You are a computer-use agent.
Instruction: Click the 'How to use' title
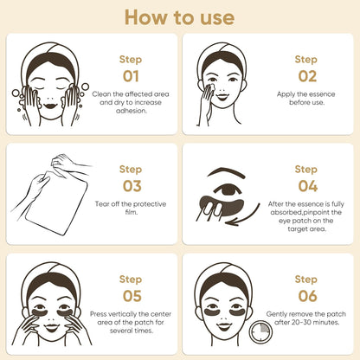[179, 17]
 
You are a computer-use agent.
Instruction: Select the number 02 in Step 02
[306, 75]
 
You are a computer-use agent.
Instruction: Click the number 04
[306, 185]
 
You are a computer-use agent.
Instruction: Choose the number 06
[306, 294]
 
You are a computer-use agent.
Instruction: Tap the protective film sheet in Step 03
[55, 203]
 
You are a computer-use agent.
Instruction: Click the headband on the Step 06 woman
[222, 270]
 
